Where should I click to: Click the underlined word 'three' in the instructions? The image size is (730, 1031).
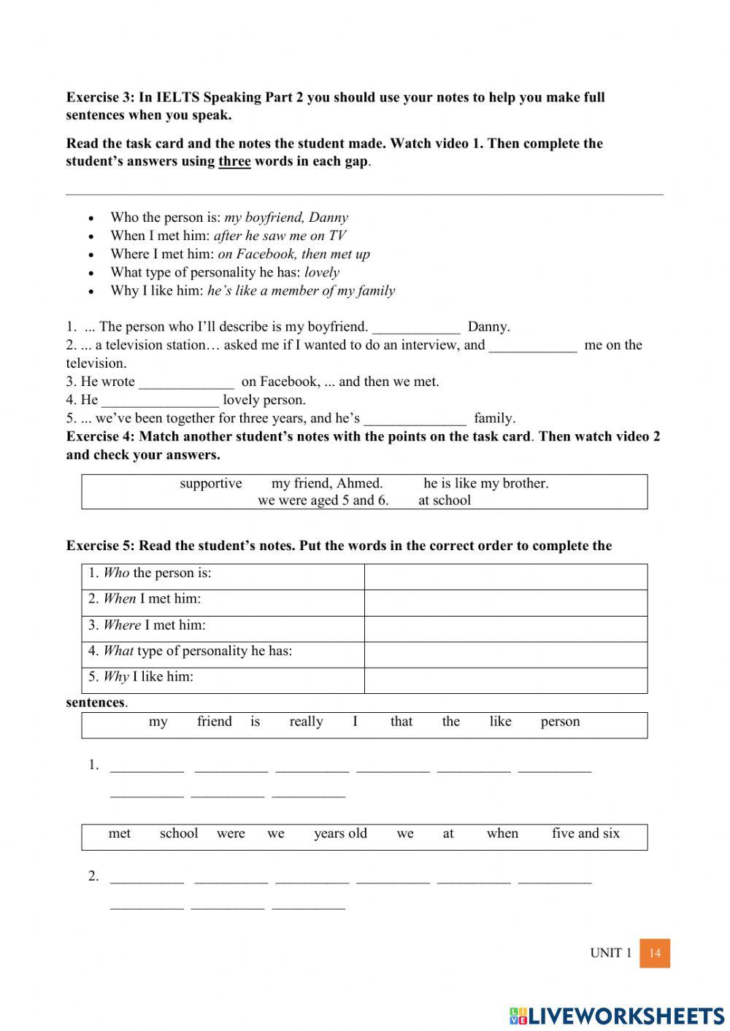point(234,161)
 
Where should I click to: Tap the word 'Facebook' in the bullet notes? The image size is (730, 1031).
point(266,254)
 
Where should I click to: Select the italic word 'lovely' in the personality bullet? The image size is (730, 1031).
point(322,272)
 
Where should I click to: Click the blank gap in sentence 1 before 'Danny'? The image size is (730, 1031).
point(416,327)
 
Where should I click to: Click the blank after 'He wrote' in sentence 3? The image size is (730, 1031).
point(187,382)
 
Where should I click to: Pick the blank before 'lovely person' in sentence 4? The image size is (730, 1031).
point(160,400)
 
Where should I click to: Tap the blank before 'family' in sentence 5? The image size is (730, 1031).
point(415,418)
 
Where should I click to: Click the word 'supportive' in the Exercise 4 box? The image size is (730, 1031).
point(211,483)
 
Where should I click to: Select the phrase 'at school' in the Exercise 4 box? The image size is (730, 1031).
point(445,501)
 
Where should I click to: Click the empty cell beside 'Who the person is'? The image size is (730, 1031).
point(505,576)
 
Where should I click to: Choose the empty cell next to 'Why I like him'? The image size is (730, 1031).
point(505,680)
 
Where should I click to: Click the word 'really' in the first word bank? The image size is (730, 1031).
point(306,722)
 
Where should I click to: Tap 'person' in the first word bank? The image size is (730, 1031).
point(560,722)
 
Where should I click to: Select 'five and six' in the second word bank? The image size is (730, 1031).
point(585,833)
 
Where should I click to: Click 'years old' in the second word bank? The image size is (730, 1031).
point(340,833)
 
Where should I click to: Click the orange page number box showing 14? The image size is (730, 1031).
point(655,953)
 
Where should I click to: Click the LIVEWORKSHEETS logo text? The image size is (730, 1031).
point(617,1016)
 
